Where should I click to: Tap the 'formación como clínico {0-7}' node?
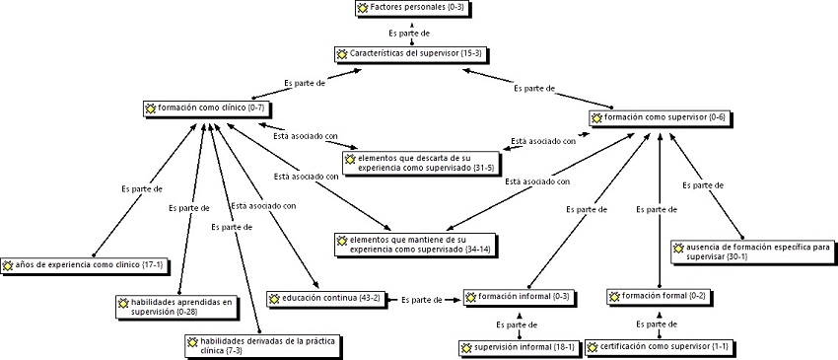tap(206, 108)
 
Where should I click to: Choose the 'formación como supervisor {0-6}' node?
tap(660, 117)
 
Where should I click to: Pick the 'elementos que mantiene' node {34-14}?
tap(414, 245)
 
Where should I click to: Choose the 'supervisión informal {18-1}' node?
tap(519, 347)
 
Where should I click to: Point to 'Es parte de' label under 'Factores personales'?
tap(409, 33)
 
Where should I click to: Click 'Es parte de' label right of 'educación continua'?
tap(422, 299)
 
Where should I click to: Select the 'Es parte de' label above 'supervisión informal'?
tap(517, 324)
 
